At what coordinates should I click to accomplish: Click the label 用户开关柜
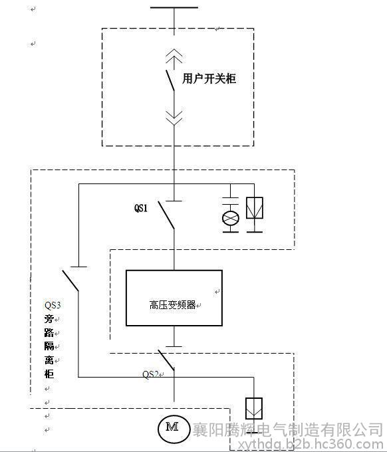pyautogui.click(x=209, y=78)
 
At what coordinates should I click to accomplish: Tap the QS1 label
pyautogui.click(x=141, y=208)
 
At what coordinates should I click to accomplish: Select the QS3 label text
pyautogui.click(x=53, y=305)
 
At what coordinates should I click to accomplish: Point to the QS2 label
pyautogui.click(x=150, y=374)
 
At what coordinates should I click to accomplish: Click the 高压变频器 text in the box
pyautogui.click(x=172, y=304)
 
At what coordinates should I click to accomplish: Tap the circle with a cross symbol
pyautogui.click(x=231, y=218)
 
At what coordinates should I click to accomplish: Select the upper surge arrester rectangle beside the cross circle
pyautogui.click(x=255, y=207)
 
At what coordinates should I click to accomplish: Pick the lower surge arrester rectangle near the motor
pyautogui.click(x=254, y=408)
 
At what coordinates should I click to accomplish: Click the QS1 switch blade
pyautogui.click(x=166, y=215)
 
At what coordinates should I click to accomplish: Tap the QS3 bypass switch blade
pyautogui.click(x=70, y=281)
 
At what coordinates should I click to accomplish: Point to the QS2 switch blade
pyautogui.click(x=166, y=360)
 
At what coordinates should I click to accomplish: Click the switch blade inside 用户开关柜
pyautogui.click(x=170, y=80)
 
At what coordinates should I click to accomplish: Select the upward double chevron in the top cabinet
pyautogui.click(x=174, y=56)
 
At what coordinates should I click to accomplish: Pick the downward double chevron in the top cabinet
pyautogui.click(x=174, y=118)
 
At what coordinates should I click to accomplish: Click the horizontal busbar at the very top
pyautogui.click(x=174, y=7)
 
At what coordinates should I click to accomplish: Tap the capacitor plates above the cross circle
pyautogui.click(x=231, y=201)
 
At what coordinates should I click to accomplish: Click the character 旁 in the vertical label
pyautogui.click(x=49, y=319)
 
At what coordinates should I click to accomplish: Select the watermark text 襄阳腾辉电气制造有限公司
pyautogui.click(x=287, y=429)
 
